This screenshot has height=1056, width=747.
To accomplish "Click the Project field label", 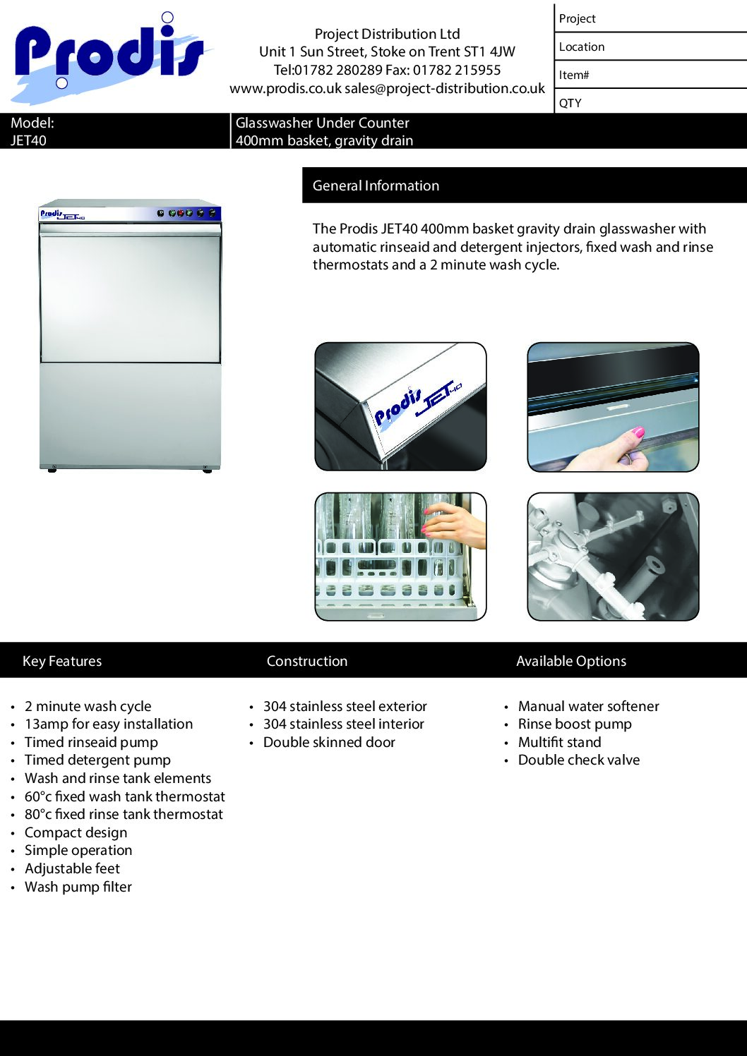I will (577, 19).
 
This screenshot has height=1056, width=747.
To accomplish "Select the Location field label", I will (581, 47).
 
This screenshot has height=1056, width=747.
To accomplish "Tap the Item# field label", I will (573, 75).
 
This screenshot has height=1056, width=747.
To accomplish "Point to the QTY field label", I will (570, 103).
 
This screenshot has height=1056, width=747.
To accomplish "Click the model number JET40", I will (28, 140).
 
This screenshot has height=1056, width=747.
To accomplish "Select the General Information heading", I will (376, 186).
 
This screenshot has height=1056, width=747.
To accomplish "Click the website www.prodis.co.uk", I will (285, 89).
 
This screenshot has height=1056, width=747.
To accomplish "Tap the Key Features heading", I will (62, 661).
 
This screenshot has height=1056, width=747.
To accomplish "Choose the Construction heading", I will (307, 661).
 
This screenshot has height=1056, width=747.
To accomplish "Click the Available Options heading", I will (571, 661).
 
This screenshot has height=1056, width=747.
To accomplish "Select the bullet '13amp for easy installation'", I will (109, 724).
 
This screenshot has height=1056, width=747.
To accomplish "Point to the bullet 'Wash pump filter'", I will (78, 887).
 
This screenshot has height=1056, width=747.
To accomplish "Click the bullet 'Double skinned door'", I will (329, 743).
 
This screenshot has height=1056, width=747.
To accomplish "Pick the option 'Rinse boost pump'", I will (575, 724).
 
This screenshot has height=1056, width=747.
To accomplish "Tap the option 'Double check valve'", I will (579, 760).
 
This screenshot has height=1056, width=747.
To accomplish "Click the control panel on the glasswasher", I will (186, 212).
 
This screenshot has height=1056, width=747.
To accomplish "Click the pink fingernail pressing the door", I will (638, 432).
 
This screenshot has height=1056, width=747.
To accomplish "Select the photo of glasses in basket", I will (400, 557).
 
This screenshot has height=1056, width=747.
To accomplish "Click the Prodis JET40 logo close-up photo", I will (400, 406).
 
